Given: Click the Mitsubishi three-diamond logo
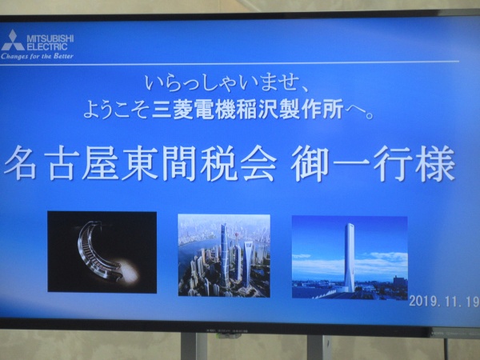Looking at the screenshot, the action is (x=12, y=41).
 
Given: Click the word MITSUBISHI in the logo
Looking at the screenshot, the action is (x=50, y=39).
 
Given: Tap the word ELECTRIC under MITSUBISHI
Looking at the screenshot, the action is (x=47, y=47).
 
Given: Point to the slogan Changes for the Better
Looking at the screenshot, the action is (x=37, y=56).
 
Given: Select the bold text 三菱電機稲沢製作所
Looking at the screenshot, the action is (x=247, y=110).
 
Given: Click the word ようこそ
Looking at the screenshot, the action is (x=116, y=110).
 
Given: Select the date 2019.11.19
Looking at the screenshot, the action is (x=444, y=302).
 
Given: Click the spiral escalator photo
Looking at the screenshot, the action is (x=102, y=252).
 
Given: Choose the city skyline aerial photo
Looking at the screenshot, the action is (x=224, y=256).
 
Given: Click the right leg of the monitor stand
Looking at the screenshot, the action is (x=317, y=348).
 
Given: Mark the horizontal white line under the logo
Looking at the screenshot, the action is (x=230, y=63).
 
